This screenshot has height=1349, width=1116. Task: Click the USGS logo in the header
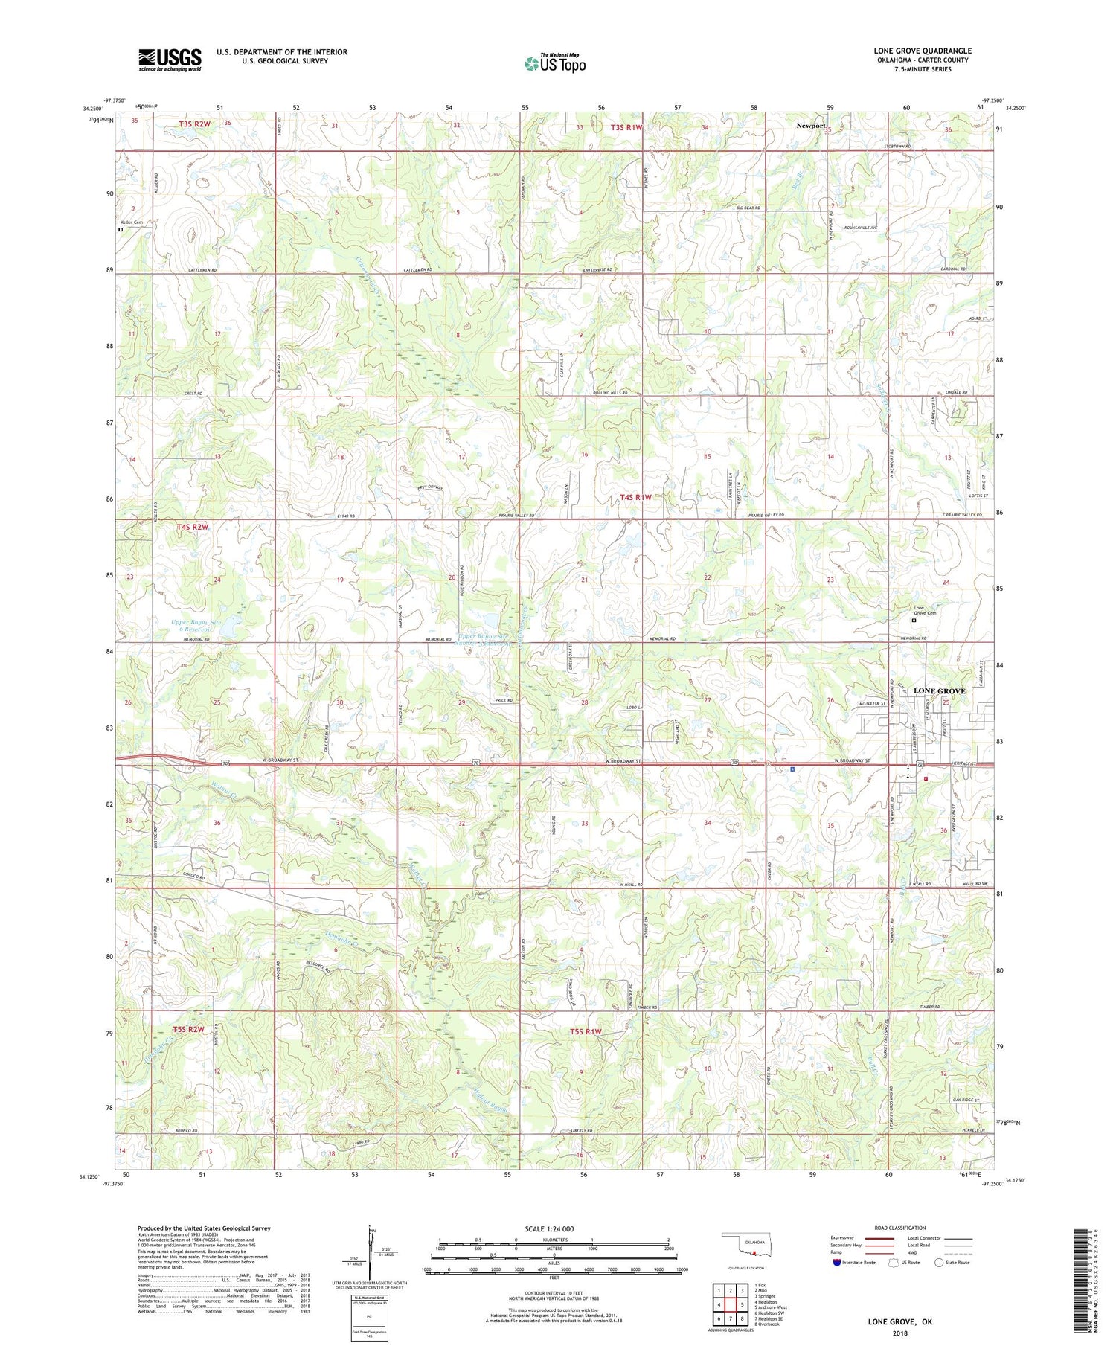[x=170, y=60]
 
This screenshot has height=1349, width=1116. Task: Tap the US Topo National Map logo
[x=554, y=63]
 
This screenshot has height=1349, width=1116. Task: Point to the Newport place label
[x=811, y=126]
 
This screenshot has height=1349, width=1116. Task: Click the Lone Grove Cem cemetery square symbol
[x=915, y=620]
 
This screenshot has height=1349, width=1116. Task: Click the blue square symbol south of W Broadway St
[x=792, y=769]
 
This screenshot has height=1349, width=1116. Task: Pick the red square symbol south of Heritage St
[x=926, y=778]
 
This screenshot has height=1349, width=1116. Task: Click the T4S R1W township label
[x=636, y=497]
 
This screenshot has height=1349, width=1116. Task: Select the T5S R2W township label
[x=188, y=1029]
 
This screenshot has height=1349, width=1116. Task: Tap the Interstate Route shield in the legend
[x=836, y=1263]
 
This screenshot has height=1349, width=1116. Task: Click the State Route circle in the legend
[x=940, y=1263]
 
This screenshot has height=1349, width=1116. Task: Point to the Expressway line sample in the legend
[x=879, y=1238]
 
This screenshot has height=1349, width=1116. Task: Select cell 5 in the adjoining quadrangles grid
[x=742, y=1305]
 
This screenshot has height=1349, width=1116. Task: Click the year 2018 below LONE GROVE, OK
[x=899, y=1333]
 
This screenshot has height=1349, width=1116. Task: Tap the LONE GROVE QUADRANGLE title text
[x=923, y=51]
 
